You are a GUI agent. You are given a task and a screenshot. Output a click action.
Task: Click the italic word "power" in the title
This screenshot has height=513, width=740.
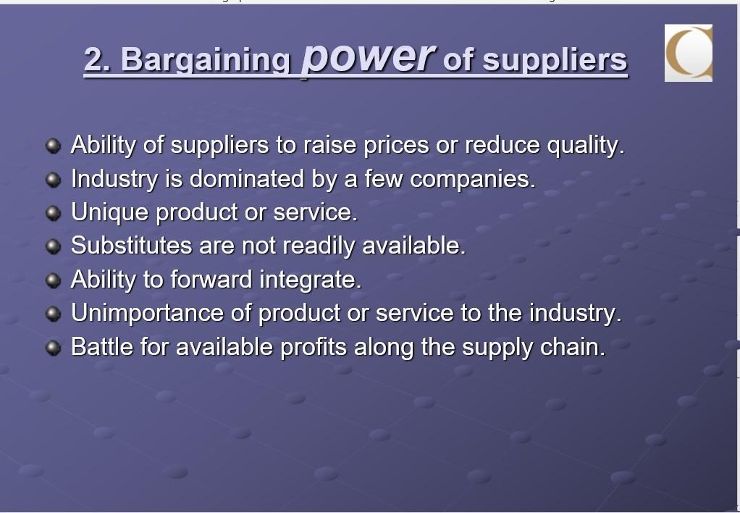(x=368, y=57)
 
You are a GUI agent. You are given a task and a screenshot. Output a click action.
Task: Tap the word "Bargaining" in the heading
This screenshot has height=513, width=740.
(x=205, y=60)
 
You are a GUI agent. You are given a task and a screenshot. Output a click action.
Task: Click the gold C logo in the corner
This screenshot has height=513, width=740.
(x=689, y=53)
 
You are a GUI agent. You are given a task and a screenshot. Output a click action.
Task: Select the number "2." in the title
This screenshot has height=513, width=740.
(x=97, y=59)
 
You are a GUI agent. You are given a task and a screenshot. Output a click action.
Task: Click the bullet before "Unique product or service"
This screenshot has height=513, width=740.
(x=53, y=213)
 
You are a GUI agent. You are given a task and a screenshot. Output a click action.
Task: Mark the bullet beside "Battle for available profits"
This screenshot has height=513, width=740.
(x=53, y=348)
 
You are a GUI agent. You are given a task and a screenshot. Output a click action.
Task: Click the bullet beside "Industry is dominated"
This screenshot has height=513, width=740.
(x=53, y=179)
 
